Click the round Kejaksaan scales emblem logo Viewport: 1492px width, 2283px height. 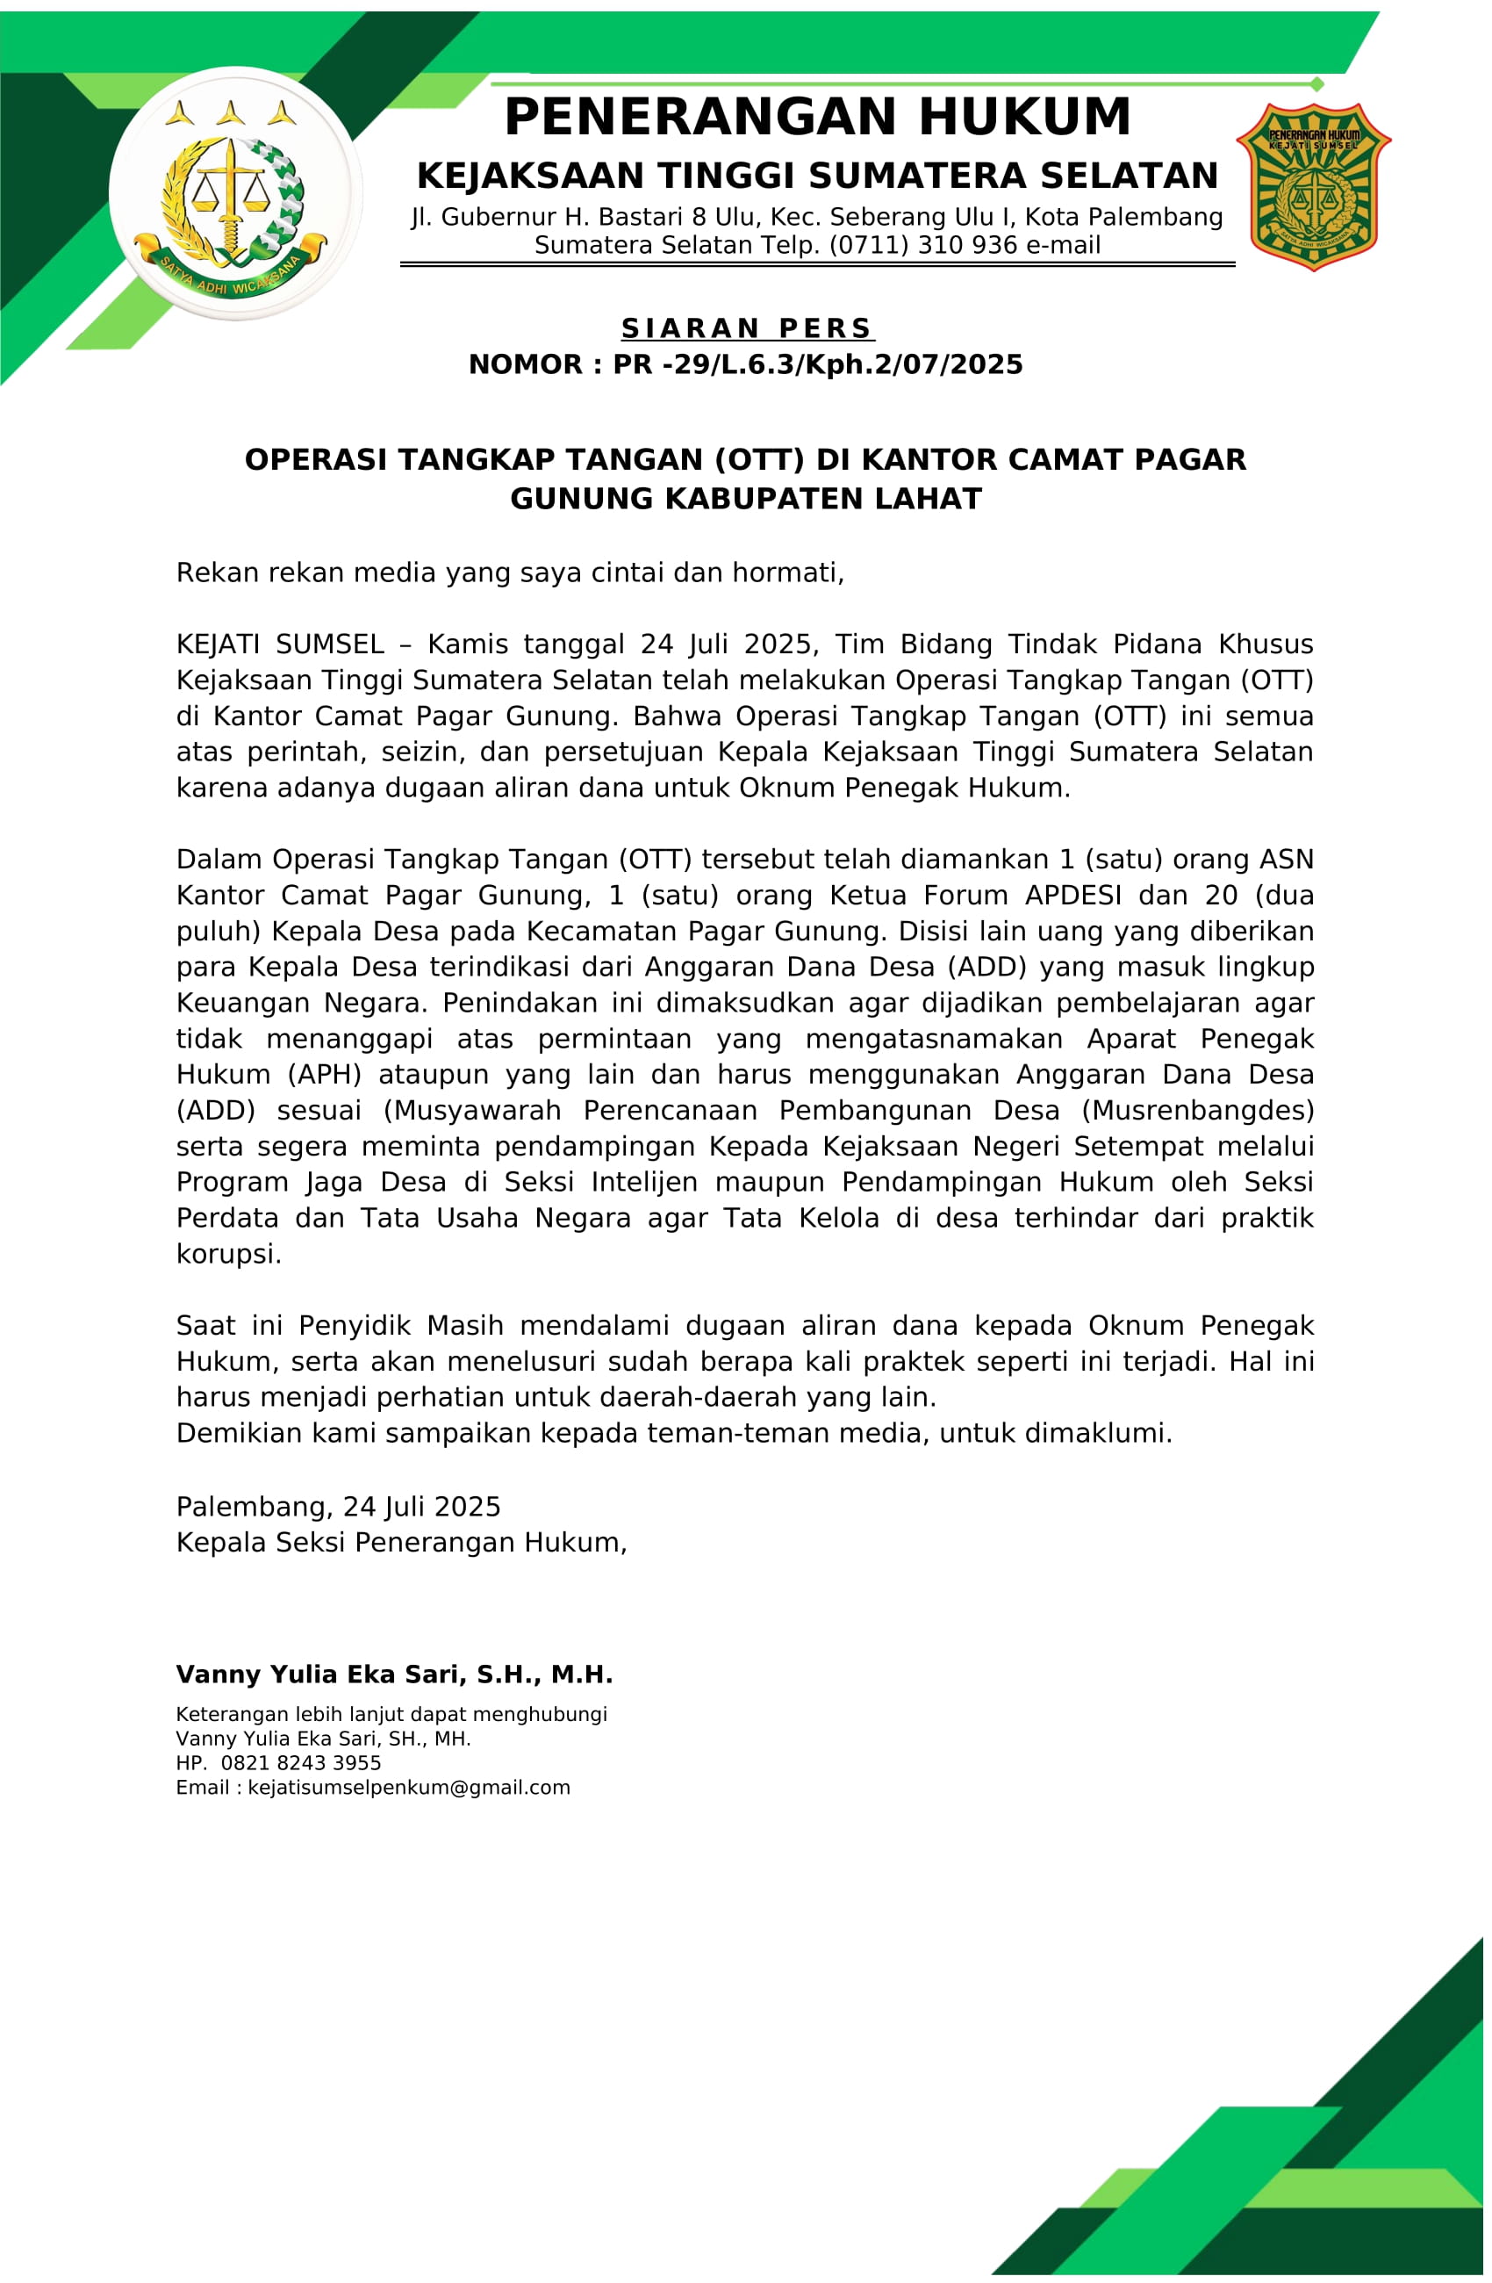coord(235,194)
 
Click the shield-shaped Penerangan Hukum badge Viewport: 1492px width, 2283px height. coord(1313,186)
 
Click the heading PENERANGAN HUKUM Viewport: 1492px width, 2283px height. coord(817,117)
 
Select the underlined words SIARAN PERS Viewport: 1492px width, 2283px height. coord(747,328)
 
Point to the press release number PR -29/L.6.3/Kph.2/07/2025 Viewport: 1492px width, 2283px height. coord(818,364)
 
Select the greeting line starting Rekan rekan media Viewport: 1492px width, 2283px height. coord(510,573)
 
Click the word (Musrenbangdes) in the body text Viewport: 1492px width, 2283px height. coord(1198,1110)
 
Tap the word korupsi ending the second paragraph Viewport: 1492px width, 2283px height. coord(228,1254)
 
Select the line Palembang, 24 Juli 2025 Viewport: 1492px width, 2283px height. coord(339,1506)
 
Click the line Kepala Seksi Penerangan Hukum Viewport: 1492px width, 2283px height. coord(401,1543)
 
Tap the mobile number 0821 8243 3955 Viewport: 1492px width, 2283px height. coord(300,1763)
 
